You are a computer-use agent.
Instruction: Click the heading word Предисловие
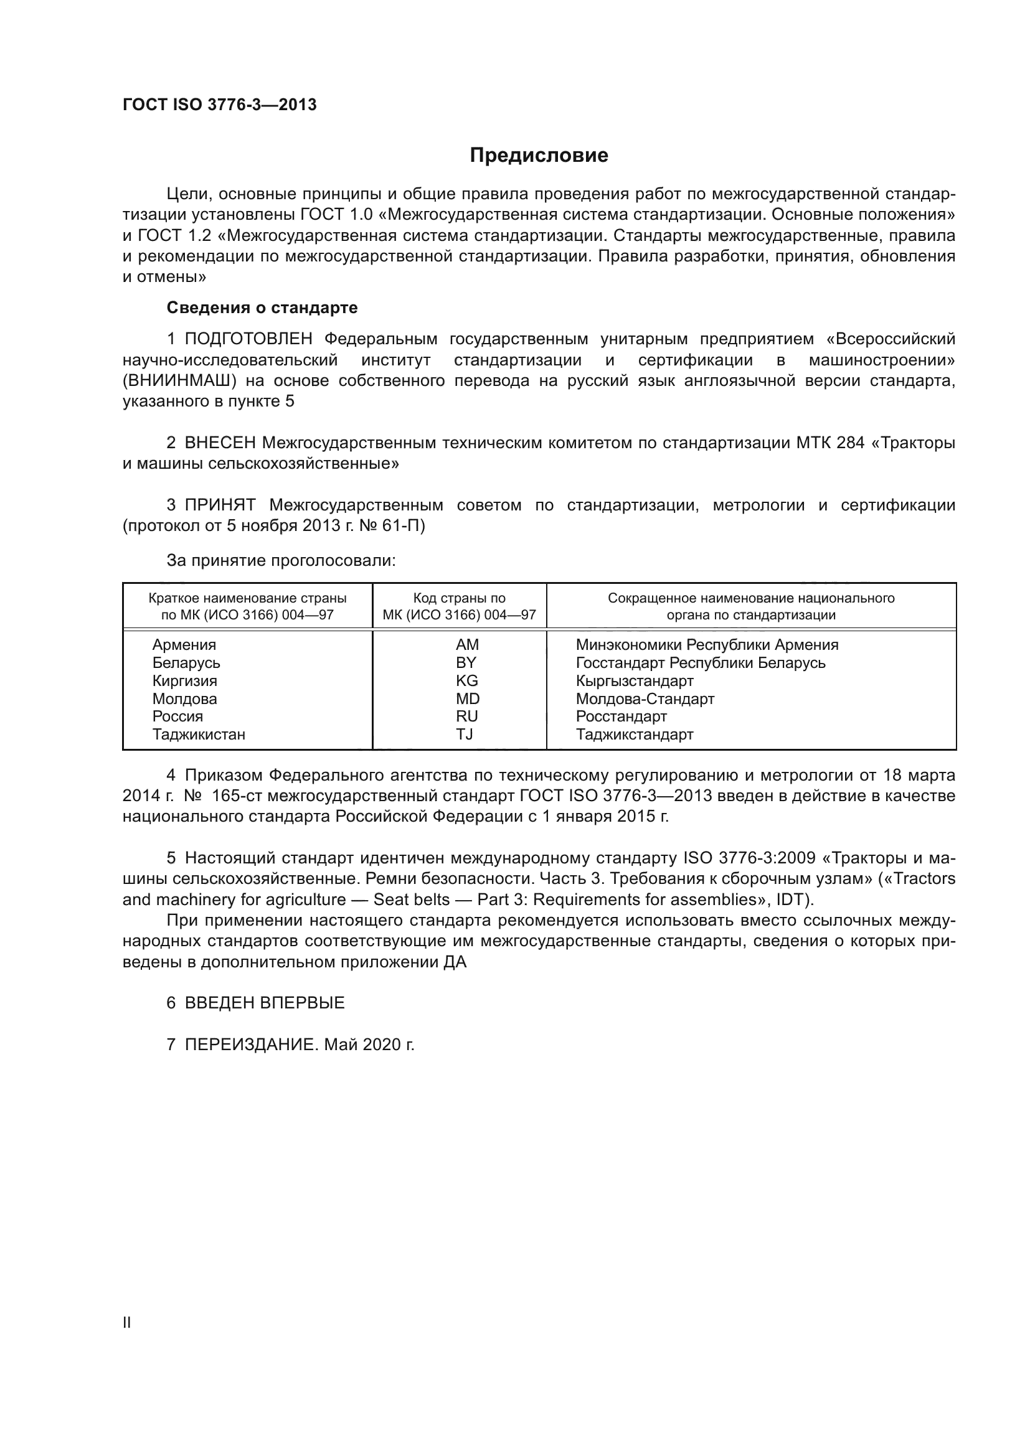[x=539, y=156]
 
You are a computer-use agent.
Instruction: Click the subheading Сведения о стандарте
[x=262, y=308]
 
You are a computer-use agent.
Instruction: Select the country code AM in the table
[x=467, y=645]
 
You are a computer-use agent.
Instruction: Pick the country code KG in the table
[x=467, y=681]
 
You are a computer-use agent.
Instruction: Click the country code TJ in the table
[x=465, y=735]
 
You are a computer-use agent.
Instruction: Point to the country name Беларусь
[x=186, y=663]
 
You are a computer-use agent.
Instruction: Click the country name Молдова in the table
[x=184, y=699]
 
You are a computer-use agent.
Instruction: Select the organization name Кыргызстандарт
[x=634, y=681]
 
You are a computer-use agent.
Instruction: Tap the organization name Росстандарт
[x=621, y=716]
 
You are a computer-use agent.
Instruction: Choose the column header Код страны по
[x=459, y=598]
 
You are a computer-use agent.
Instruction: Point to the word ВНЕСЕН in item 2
[x=220, y=443]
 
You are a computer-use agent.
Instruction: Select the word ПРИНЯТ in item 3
[x=219, y=505]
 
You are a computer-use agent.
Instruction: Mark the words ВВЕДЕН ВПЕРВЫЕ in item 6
[x=265, y=1003]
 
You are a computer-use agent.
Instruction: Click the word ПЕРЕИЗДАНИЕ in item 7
[x=249, y=1045]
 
